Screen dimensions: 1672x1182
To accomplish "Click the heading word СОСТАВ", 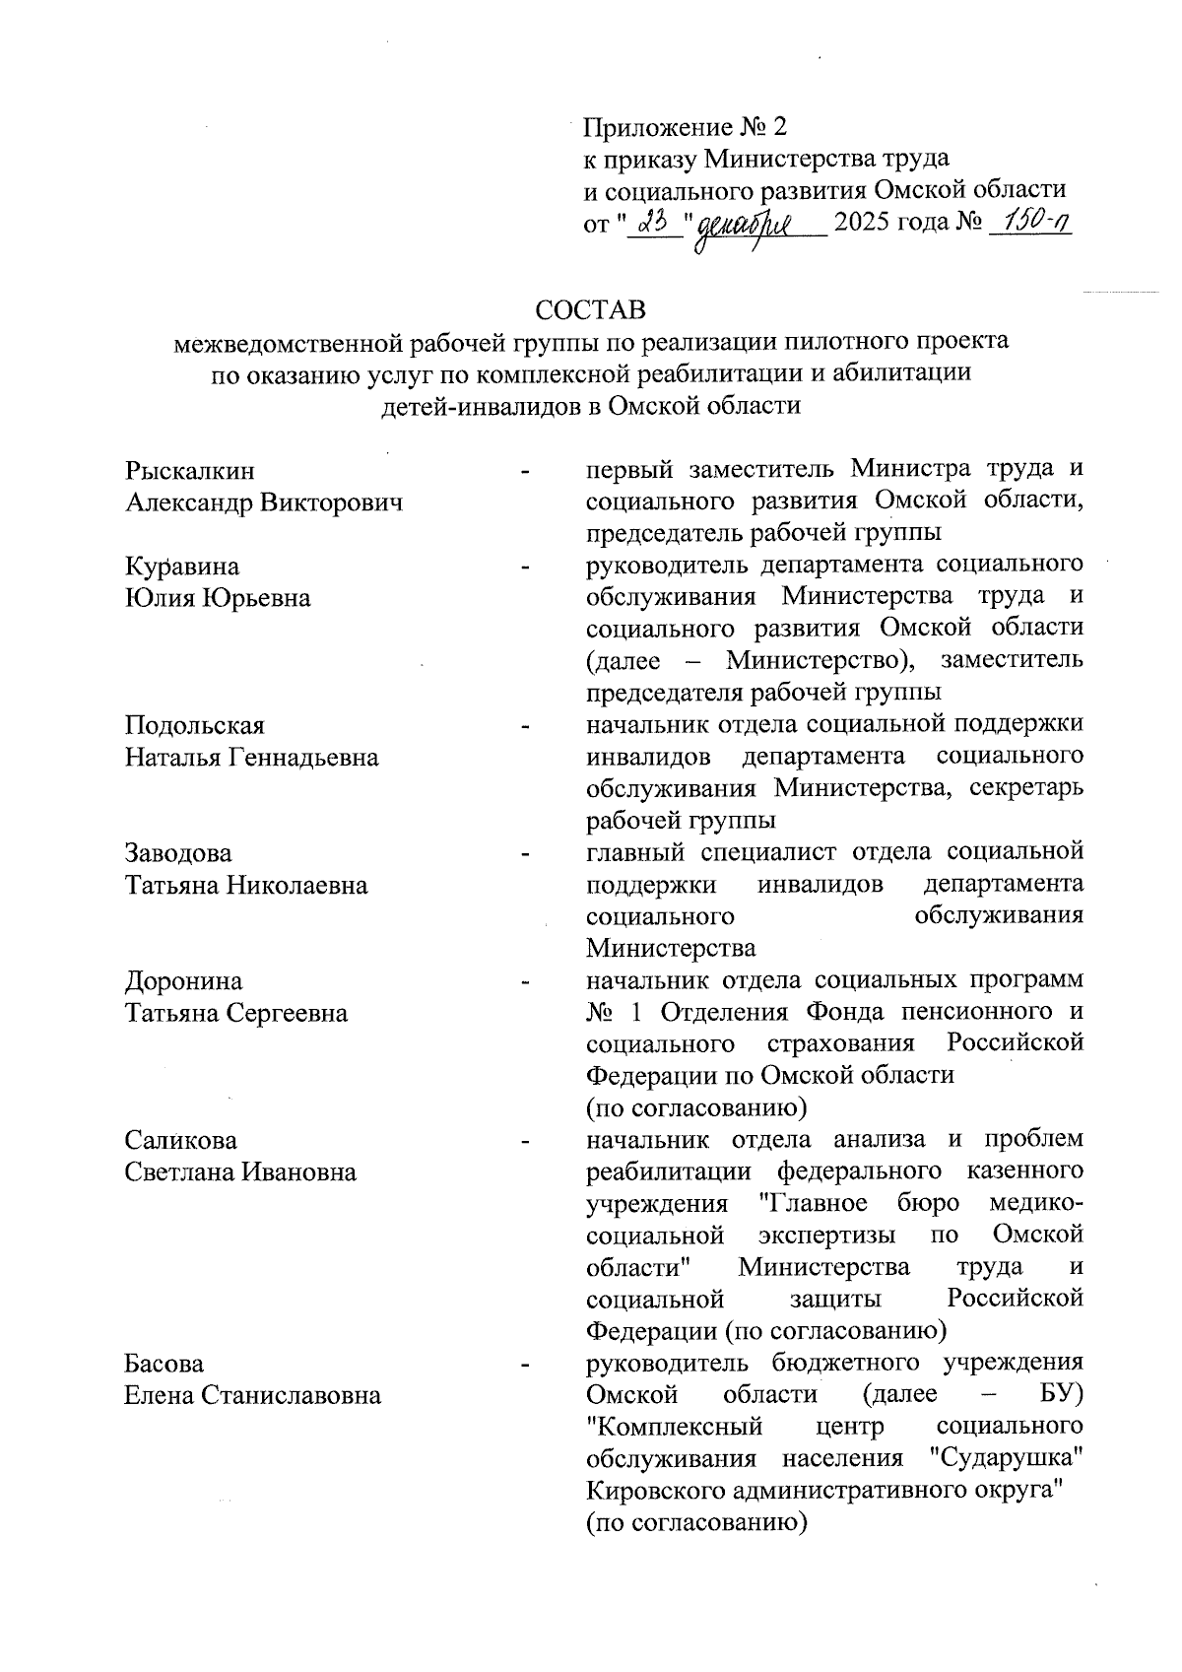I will pyautogui.click(x=591, y=309).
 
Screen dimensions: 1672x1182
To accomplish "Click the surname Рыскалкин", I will pyautogui.click(x=189, y=471).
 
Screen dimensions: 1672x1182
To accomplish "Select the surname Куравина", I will pyautogui.click(x=181, y=567).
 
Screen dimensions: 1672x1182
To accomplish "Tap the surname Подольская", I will pyautogui.click(x=194, y=726).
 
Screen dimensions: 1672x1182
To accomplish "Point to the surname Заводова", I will pyautogui.click(x=178, y=853).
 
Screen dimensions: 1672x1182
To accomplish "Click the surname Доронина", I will pyautogui.click(x=183, y=981).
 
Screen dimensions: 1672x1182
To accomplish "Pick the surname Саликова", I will pyautogui.click(x=180, y=1141).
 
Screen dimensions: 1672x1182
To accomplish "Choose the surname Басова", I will pyautogui.click(x=164, y=1365).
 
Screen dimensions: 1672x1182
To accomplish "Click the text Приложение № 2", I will pyautogui.click(x=687, y=127).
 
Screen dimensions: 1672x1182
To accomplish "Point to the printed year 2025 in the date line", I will pyautogui.click(x=862, y=223).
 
